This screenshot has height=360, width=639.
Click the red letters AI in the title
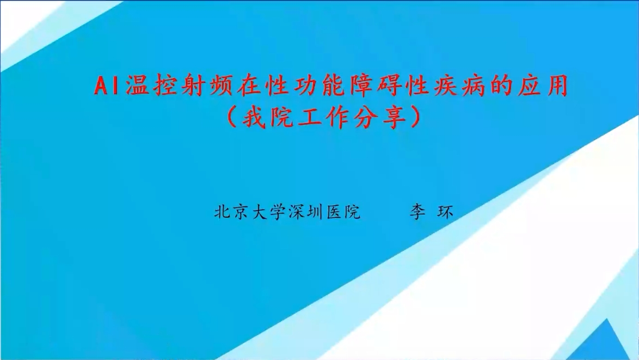(106, 86)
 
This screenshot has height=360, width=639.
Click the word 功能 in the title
(319, 86)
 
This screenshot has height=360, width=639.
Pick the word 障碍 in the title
(375, 86)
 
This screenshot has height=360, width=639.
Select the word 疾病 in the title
(459, 86)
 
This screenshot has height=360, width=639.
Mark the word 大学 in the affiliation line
(268, 212)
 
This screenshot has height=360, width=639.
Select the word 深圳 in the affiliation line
(306, 212)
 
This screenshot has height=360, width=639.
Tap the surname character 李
(417, 212)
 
